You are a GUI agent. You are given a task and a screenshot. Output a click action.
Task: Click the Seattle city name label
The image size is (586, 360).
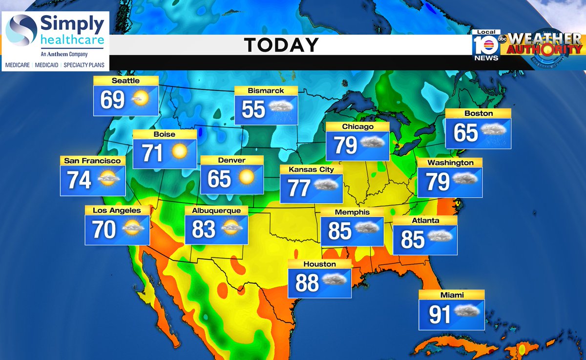coord(126,81)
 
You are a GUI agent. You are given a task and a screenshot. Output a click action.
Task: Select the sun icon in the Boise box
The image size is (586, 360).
coord(179,152)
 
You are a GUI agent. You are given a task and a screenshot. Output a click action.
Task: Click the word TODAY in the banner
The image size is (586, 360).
coord(281,45)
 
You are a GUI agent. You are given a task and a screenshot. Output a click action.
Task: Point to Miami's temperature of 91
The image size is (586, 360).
coord(439,315)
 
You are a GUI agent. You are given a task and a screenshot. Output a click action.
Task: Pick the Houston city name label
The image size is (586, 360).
coord(319,264)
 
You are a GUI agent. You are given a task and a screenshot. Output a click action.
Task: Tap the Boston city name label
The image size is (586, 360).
coord(479,113)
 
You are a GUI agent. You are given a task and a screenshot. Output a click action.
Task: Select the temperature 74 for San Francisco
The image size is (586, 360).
coord(79,180)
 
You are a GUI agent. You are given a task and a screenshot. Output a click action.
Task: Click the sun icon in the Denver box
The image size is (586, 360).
coord(247,176)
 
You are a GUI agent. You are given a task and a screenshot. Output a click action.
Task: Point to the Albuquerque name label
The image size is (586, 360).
coord(216,211)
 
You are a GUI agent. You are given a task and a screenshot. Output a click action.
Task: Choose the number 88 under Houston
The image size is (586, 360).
coord(307,283)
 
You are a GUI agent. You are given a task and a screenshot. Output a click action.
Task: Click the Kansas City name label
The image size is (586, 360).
coord(311,169)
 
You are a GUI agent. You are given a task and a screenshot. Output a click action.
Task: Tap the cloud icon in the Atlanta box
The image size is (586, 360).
coord(440,236)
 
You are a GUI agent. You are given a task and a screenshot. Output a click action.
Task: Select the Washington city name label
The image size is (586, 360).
coord(450,162)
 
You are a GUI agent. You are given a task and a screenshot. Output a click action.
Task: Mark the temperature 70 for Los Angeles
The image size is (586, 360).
coord(104,230)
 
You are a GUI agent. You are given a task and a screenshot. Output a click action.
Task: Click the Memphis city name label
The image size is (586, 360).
coord(352,212)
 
